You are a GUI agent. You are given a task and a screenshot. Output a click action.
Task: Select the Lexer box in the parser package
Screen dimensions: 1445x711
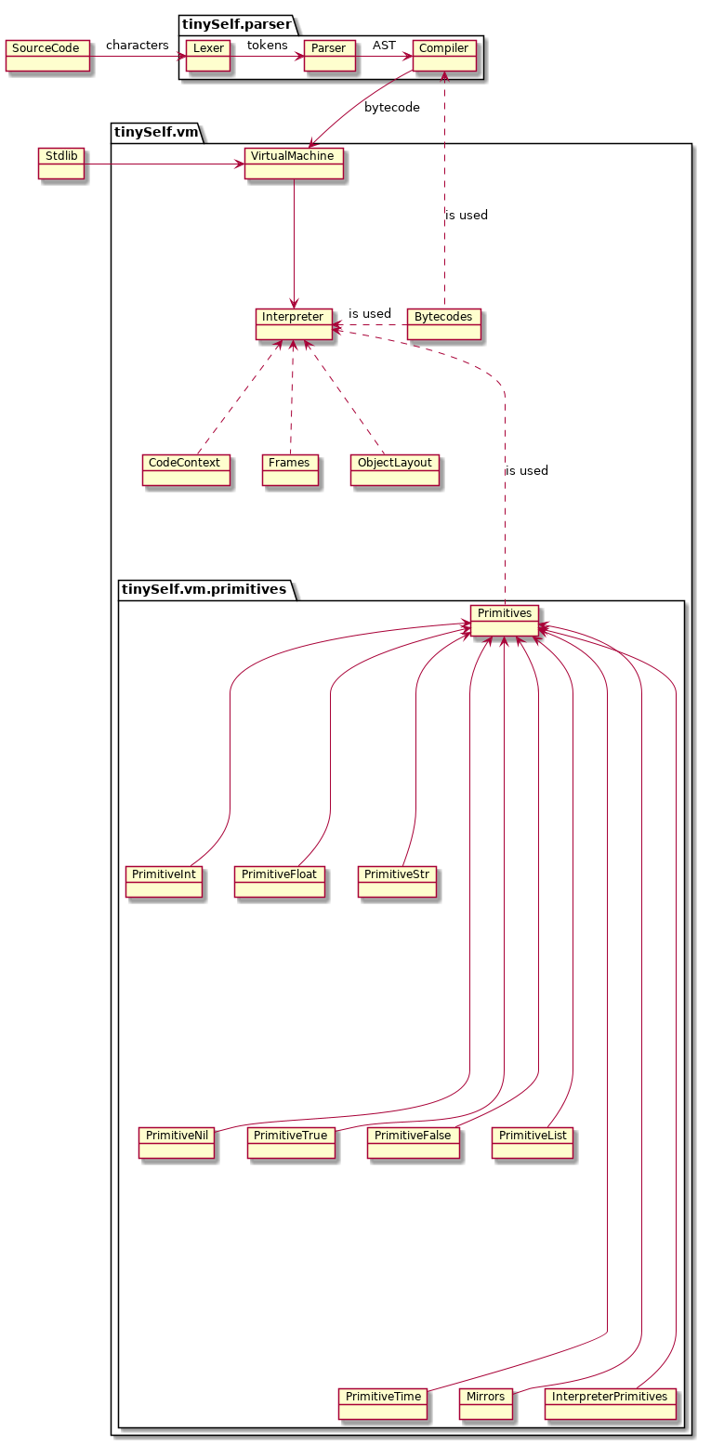[208, 56]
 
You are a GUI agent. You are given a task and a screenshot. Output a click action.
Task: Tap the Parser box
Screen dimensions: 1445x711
[329, 56]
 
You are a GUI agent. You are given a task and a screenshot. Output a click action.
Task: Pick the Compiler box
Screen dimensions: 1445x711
[444, 56]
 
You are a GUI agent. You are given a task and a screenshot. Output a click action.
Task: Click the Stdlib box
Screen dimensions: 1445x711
[60, 164]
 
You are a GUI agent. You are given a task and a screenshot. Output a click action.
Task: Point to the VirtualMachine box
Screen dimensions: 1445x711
[294, 164]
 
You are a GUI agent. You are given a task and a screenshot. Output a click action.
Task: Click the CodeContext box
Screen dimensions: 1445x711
[186, 470]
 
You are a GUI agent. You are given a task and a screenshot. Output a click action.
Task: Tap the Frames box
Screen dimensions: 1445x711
[290, 470]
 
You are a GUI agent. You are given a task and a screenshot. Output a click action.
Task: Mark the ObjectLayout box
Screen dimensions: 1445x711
[394, 470]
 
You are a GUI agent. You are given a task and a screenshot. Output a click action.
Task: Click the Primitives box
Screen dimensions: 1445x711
[504, 621]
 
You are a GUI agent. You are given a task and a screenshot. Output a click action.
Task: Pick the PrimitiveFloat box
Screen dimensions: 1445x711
[280, 883]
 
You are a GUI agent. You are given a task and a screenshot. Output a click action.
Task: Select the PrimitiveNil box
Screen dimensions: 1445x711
[176, 1143]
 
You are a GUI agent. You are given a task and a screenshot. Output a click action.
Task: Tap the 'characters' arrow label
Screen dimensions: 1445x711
[138, 46]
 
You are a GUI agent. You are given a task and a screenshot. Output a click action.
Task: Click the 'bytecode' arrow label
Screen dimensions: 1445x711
[391, 108]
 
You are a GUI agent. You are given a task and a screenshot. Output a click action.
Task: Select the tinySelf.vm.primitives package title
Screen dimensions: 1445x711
[204, 590]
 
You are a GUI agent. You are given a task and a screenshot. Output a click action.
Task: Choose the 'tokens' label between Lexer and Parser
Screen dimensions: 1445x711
[267, 46]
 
